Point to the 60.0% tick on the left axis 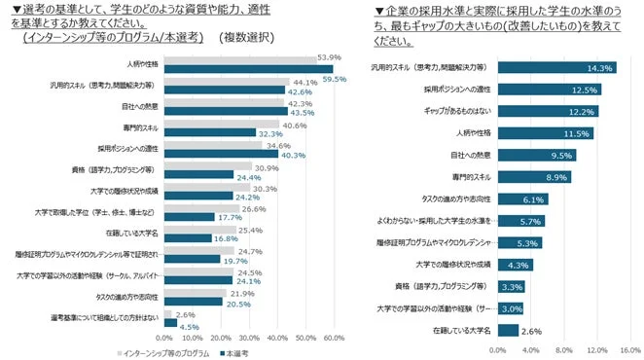click(334, 338)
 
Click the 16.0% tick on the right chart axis click(629, 348)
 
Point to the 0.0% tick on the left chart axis click(164, 338)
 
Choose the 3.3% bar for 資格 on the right click(511, 287)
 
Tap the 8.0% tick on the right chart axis click(563, 348)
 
